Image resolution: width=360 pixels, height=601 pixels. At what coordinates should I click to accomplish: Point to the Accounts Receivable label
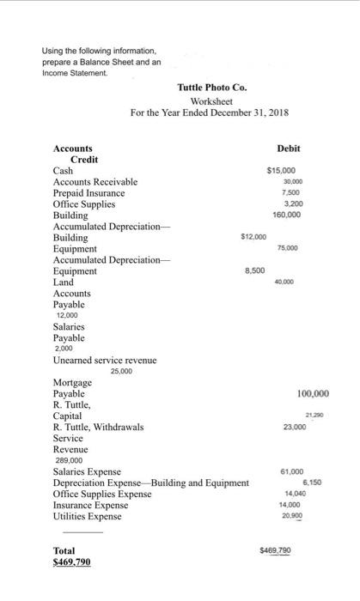[95, 182]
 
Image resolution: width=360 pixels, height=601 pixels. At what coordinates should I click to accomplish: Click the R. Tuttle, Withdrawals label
[99, 427]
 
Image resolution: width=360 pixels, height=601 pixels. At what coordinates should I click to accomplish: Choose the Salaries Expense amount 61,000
[292, 471]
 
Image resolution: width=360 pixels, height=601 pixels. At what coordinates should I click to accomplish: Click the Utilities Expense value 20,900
[292, 516]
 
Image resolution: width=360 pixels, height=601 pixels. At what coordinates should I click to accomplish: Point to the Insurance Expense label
[88, 505]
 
